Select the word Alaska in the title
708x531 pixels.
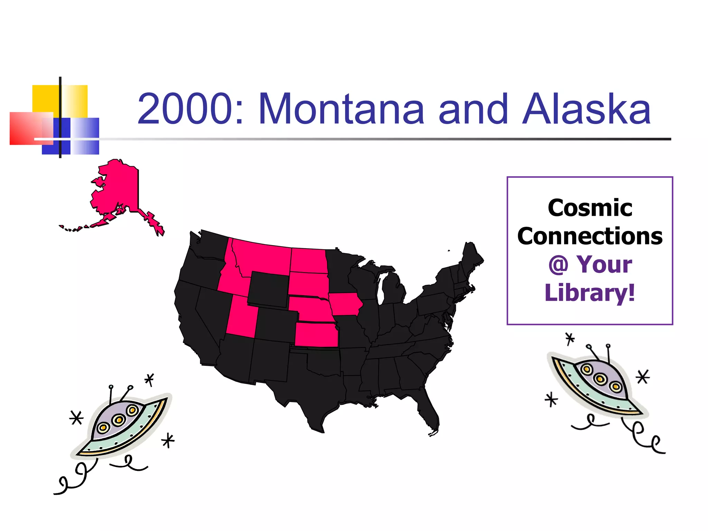[x=586, y=109]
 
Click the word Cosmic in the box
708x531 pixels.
[x=590, y=208]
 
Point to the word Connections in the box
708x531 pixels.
[x=590, y=236]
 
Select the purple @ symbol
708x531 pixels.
[x=558, y=265]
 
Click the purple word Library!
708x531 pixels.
[x=590, y=293]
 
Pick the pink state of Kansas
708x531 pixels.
[x=316, y=335]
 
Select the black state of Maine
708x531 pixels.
[x=471, y=256]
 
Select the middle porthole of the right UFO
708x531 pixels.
[x=601, y=379]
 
